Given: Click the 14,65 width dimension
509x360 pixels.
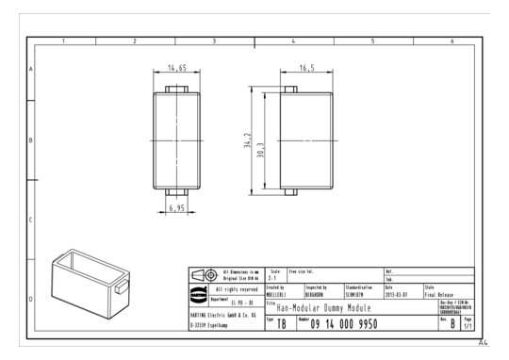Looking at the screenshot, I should pyautogui.click(x=176, y=69).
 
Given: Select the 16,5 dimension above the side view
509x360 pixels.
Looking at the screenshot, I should pyautogui.click(x=306, y=69).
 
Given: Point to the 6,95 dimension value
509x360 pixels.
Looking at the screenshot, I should pyautogui.click(x=176, y=206).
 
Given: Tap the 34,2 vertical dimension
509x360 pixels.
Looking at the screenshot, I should pyautogui.click(x=248, y=142).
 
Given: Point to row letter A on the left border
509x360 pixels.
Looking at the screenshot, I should pyautogui.click(x=31, y=70).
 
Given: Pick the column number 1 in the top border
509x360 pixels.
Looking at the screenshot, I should pyautogui.click(x=64, y=41).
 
